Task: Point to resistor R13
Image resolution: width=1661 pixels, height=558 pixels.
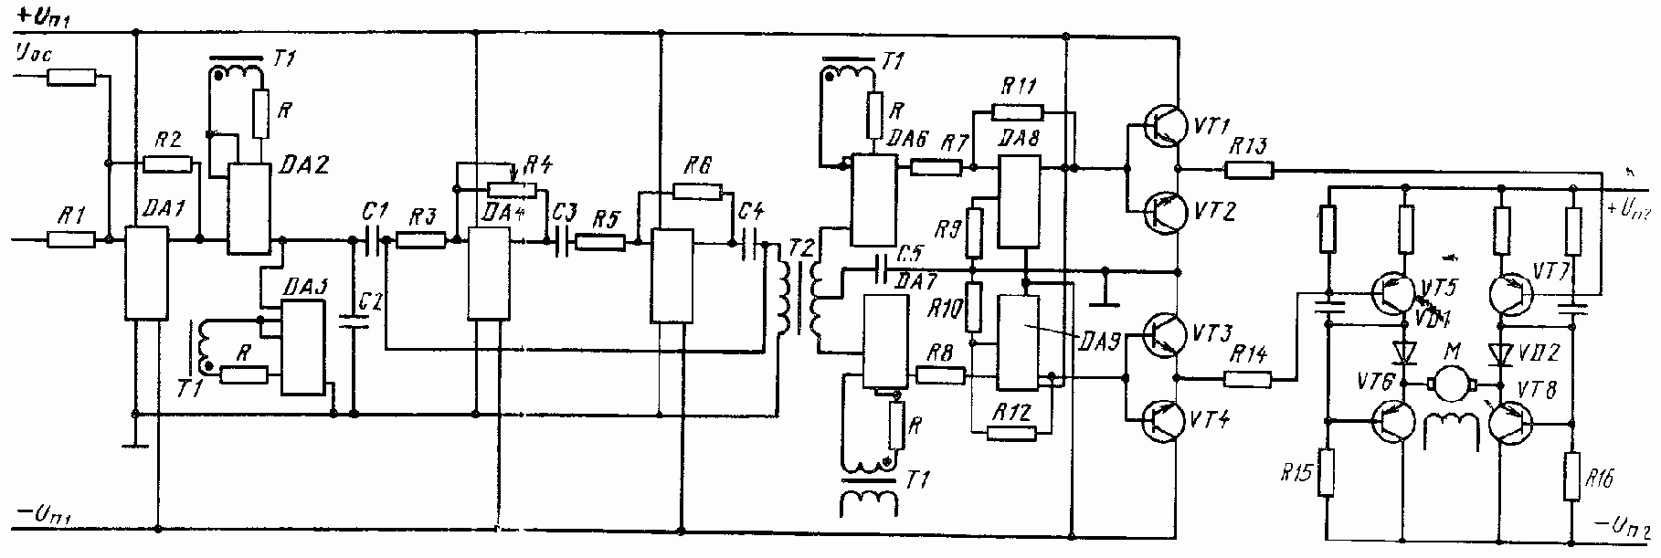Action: click(1249, 169)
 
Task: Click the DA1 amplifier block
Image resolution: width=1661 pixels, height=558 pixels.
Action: click(145, 273)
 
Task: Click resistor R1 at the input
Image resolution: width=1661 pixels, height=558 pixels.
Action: click(70, 240)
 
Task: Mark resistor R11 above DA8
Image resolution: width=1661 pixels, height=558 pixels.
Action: click(1017, 113)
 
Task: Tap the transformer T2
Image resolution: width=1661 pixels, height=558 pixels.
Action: click(799, 292)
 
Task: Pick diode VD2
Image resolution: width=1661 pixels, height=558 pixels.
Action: click(1498, 352)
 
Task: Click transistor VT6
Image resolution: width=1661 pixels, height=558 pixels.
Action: click(1396, 422)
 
